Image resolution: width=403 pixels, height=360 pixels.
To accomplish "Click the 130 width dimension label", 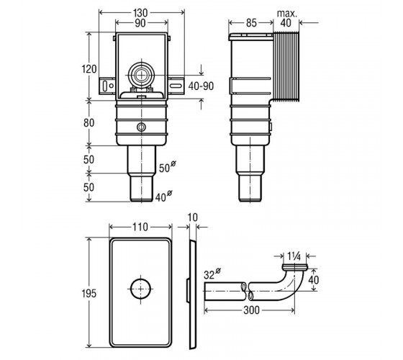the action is [140, 13].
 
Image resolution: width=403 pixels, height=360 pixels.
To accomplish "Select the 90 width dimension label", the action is [140, 23].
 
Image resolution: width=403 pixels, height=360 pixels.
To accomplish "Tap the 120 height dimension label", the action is [89, 69].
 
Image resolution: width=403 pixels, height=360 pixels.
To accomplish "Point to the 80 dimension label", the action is [89, 123].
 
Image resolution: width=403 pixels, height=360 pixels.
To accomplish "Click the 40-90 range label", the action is [201, 86].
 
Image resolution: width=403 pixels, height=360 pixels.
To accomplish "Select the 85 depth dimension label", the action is [251, 23].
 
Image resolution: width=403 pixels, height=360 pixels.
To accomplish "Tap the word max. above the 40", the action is [287, 14].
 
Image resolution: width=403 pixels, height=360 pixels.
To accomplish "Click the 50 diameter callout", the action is [168, 166].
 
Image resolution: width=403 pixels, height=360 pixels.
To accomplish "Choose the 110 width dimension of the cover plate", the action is [140, 228].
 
